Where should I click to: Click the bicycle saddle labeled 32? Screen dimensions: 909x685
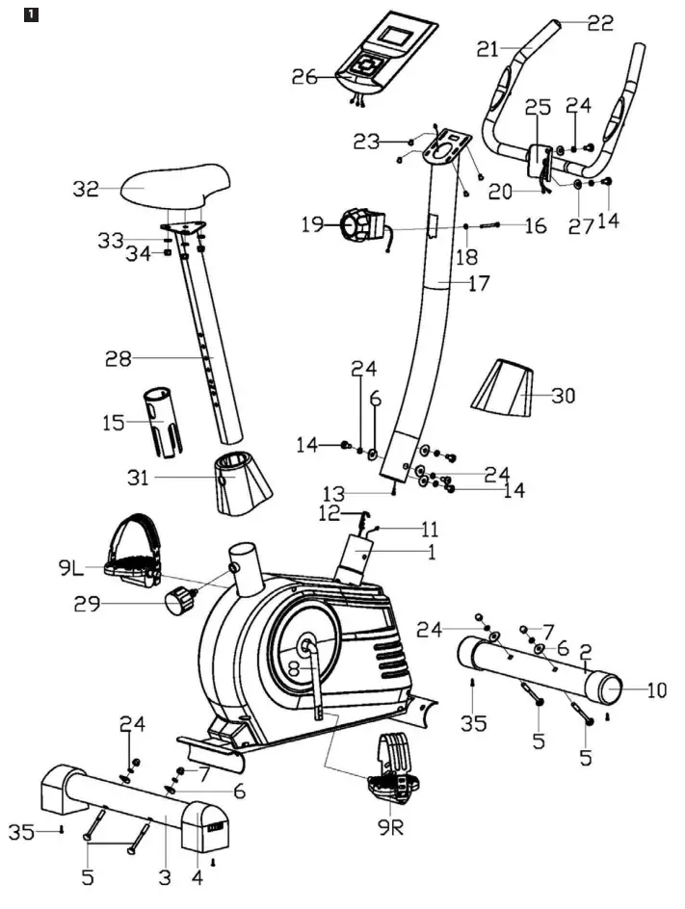[176, 186]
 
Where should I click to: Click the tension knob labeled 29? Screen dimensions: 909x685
[179, 604]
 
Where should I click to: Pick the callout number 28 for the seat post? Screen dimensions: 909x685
[119, 359]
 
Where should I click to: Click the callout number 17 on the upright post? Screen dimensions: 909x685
[478, 283]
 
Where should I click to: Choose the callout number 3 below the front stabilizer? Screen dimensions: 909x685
[165, 877]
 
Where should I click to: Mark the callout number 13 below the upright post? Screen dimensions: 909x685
[333, 494]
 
